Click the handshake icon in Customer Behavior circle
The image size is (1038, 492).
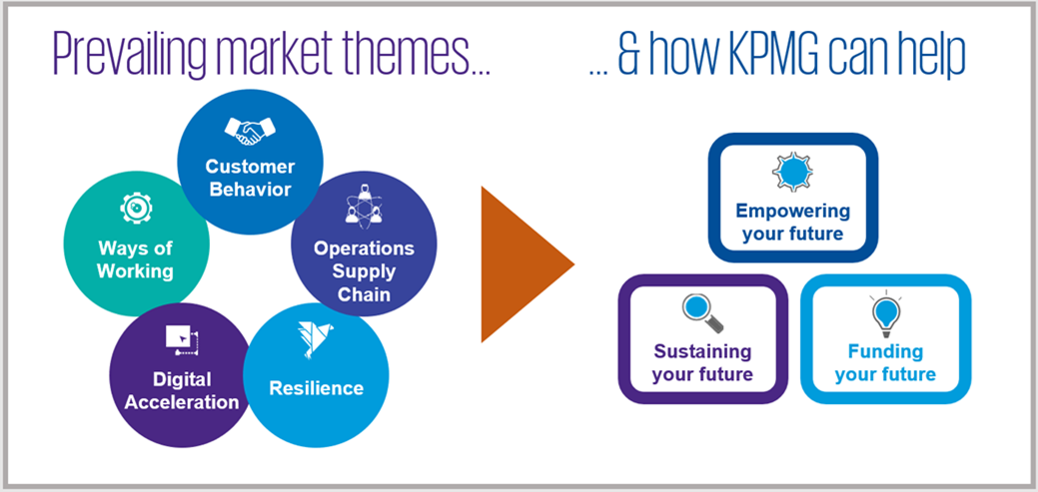pos(250,129)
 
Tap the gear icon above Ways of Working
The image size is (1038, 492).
pos(136,208)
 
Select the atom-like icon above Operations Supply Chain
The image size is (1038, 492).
pos(363,208)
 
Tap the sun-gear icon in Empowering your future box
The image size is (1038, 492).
pos(792,171)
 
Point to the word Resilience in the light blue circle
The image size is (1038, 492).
pos(316,387)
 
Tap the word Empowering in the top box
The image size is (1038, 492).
pos(792,211)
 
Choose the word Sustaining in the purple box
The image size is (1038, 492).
pos(702,351)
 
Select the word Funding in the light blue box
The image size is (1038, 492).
pos(885,351)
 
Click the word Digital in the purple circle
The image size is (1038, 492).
pos(182,379)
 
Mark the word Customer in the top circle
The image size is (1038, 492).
pos(250,166)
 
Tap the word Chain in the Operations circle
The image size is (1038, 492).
pos(363,294)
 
